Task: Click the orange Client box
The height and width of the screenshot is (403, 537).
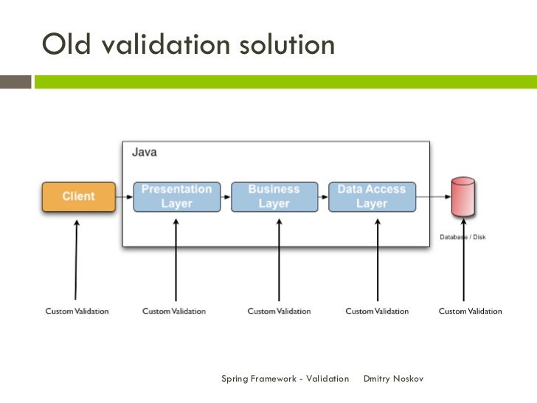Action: click(x=78, y=197)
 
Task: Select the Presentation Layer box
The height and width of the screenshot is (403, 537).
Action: click(x=176, y=197)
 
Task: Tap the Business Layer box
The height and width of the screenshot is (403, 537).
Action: click(x=274, y=197)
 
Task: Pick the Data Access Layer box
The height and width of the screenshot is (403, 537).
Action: click(x=372, y=197)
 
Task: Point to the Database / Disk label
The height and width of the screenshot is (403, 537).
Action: click(x=462, y=237)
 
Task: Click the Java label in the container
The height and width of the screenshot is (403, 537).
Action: click(x=144, y=153)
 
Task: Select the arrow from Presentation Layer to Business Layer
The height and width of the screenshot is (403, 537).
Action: click(x=226, y=197)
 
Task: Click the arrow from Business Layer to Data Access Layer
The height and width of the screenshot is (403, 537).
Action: click(x=323, y=197)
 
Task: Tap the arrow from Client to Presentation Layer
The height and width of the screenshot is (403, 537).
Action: click(x=124, y=197)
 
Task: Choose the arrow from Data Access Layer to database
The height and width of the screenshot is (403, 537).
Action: click(x=433, y=197)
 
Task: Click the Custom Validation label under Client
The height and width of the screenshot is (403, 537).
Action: click(x=77, y=311)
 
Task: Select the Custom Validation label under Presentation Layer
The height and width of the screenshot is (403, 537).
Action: click(x=174, y=311)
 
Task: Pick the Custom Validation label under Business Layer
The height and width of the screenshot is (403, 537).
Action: click(x=279, y=311)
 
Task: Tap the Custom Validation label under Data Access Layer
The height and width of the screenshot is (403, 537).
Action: click(x=377, y=311)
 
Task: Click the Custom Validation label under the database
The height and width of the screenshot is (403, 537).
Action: click(x=470, y=311)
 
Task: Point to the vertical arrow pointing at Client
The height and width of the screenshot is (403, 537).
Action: click(x=76, y=258)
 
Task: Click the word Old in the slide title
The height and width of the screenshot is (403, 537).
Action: click(x=69, y=46)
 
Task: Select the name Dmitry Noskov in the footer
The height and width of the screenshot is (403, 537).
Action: click(x=394, y=379)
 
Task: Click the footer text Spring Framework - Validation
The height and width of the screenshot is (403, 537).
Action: click(x=285, y=379)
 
